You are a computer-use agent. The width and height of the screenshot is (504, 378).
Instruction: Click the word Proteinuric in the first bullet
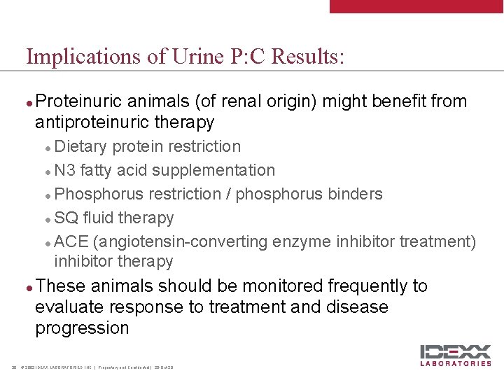click(76, 101)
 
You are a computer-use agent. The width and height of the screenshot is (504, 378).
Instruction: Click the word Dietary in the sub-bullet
click(80, 146)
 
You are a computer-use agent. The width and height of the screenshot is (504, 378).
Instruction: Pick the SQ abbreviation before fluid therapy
click(66, 218)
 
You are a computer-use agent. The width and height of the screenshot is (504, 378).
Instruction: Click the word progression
click(82, 328)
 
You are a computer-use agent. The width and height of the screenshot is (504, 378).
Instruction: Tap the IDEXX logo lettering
click(455, 352)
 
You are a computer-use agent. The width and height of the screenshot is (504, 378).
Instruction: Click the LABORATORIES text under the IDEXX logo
click(455, 364)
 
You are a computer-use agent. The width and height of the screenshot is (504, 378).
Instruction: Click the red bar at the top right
click(416, 6)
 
